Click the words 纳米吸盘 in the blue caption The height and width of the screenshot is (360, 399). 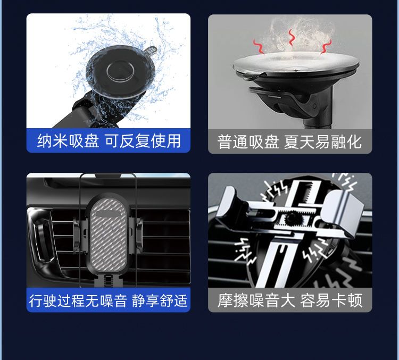point(68,141)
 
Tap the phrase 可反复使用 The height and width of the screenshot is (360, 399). point(143,141)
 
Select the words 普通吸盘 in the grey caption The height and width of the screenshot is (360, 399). point(248,141)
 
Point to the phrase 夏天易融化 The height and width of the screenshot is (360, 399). point(323,141)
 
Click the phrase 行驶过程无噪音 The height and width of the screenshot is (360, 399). point(78,300)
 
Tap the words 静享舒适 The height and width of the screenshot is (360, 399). point(160,300)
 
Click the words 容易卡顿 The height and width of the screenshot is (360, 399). point(331,300)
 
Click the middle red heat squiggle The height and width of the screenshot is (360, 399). point(291,38)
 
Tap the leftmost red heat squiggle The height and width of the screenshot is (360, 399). point(259,46)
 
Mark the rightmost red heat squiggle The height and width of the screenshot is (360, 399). point(326,46)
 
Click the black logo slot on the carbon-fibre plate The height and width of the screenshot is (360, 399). point(109,214)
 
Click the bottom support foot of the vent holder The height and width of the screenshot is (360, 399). point(107,281)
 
